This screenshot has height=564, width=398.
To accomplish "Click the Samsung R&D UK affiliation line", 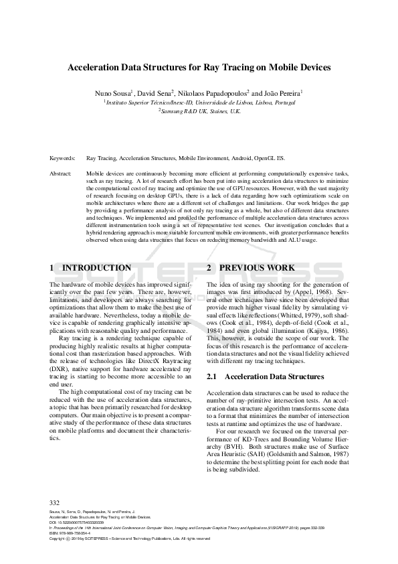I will [199, 112].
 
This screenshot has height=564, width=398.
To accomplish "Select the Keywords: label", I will [62, 159].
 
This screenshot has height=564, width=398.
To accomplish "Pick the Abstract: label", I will [61, 173].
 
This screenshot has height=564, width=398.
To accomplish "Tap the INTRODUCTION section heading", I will [96, 268].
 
